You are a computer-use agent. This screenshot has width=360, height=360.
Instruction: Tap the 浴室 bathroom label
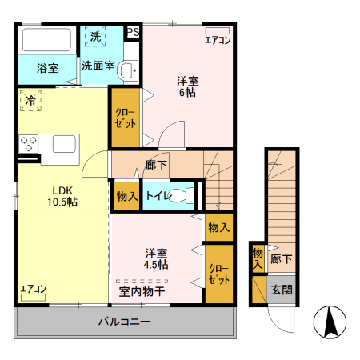click(x=47, y=69)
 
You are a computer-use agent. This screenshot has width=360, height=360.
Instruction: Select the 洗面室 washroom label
click(x=98, y=66)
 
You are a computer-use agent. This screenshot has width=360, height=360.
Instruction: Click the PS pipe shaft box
click(x=134, y=32)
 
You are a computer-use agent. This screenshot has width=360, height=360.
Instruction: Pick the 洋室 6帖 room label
click(x=187, y=86)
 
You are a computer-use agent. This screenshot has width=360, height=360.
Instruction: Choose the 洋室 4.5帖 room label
click(x=156, y=257)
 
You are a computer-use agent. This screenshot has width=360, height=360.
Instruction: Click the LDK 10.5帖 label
click(x=64, y=196)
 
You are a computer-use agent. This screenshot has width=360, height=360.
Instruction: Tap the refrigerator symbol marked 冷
click(x=30, y=101)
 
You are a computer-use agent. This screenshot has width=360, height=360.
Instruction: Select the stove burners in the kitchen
click(x=30, y=144)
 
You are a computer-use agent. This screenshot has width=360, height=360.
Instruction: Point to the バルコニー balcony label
click(x=124, y=322)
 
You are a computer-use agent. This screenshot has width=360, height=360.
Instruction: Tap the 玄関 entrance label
click(x=281, y=290)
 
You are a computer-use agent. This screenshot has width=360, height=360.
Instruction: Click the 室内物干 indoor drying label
click(x=142, y=291)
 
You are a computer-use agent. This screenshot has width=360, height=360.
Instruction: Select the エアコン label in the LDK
click(x=33, y=289)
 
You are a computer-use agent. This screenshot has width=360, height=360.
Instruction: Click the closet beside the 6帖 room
click(x=126, y=118)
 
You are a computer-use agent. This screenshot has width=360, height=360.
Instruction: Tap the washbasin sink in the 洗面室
click(x=128, y=72)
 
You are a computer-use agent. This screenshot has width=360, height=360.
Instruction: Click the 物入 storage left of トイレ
click(x=127, y=196)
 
